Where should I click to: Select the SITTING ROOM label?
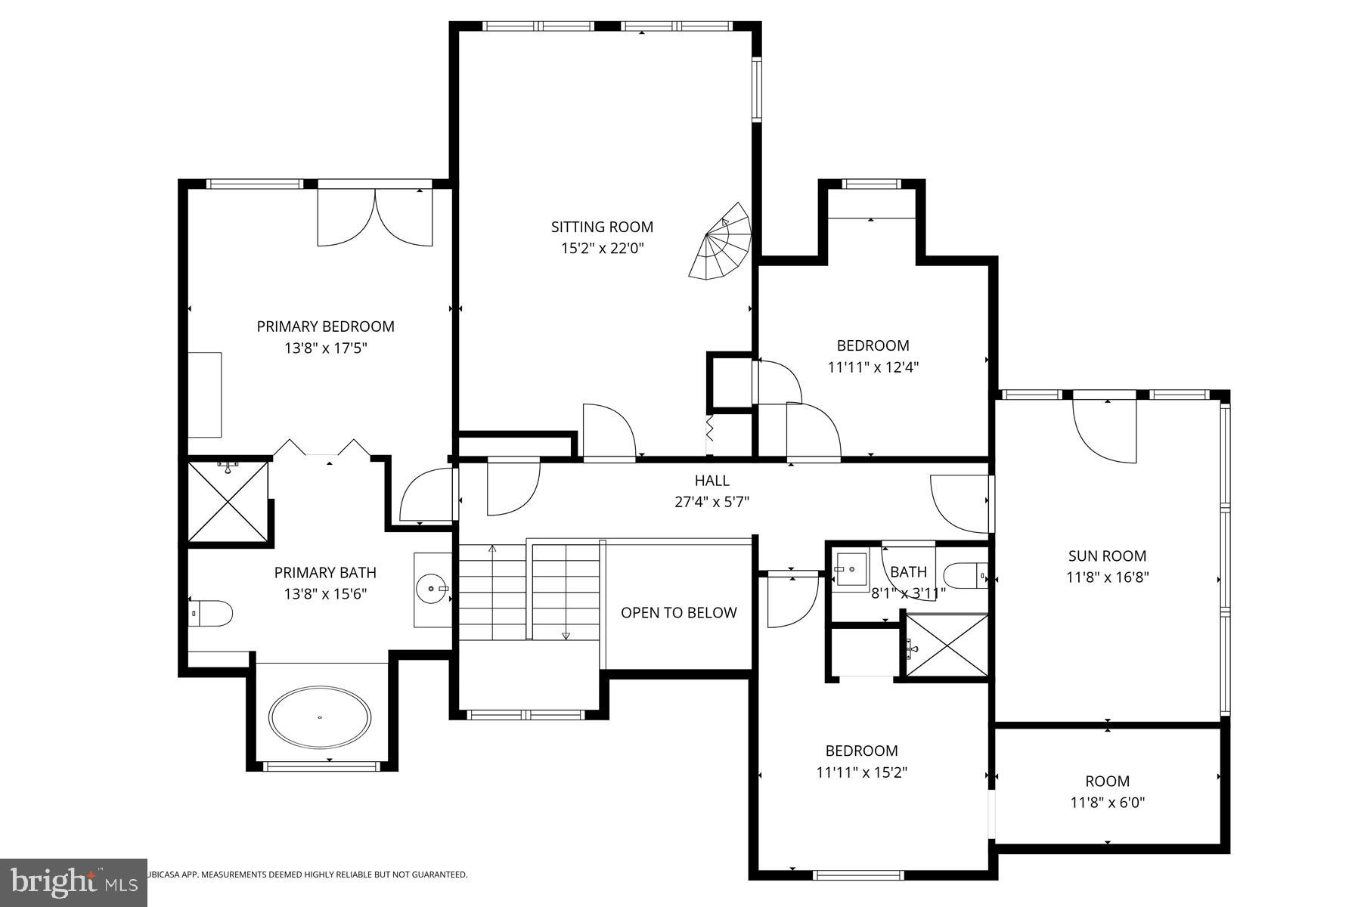click(x=602, y=227)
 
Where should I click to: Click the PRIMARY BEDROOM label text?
click(x=325, y=327)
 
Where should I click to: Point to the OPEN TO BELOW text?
click(x=678, y=613)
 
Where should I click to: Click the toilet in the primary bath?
click(x=209, y=614)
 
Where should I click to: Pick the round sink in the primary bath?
click(x=432, y=587)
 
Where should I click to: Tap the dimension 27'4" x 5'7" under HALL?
click(x=712, y=501)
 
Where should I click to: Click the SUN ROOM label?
click(x=1107, y=556)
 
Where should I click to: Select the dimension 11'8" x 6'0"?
click(x=1107, y=803)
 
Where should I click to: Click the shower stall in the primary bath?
click(x=228, y=502)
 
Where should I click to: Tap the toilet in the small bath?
click(x=966, y=576)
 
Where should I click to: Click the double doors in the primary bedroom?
click(x=375, y=215)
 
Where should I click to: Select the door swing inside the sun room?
click(x=1105, y=431)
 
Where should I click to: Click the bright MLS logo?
click(x=73, y=882)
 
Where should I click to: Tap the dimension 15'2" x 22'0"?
click(x=602, y=248)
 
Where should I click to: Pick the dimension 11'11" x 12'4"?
click(x=873, y=367)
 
